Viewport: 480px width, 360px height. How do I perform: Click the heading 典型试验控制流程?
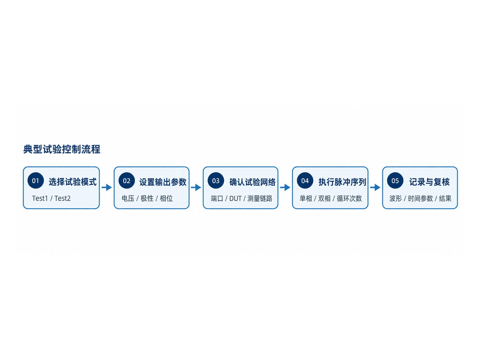pos(62,149)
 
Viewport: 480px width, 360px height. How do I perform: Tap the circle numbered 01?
pos(36,180)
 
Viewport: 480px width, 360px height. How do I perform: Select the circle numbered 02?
pos(126,180)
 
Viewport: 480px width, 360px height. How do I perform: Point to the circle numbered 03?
pos(216,180)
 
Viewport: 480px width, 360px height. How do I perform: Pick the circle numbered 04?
pos(305,180)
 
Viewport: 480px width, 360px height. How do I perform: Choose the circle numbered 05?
pos(395,180)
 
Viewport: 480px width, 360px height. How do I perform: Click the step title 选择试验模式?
pos(73,182)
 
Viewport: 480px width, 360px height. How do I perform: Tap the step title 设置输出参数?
pos(163,182)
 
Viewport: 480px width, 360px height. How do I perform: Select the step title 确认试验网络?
pos(252,182)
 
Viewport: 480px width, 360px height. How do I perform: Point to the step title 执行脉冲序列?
pos(342,182)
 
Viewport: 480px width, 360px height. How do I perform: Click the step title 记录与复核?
pos(429,182)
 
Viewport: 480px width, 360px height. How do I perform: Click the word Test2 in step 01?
pos(62,198)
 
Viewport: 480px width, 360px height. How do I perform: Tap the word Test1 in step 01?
pos(40,198)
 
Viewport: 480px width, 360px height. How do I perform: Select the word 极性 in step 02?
pos(147,198)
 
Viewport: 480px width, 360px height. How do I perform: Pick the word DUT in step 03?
pos(235,198)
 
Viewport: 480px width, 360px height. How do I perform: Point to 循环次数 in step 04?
pos(349,198)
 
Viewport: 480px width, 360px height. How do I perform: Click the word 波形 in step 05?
pos(396,198)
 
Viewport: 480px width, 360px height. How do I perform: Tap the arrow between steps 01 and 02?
pos(107,187)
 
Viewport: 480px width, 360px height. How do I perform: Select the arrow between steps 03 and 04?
pos(285,187)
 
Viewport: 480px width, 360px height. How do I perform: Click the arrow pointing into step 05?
pos(375,187)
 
